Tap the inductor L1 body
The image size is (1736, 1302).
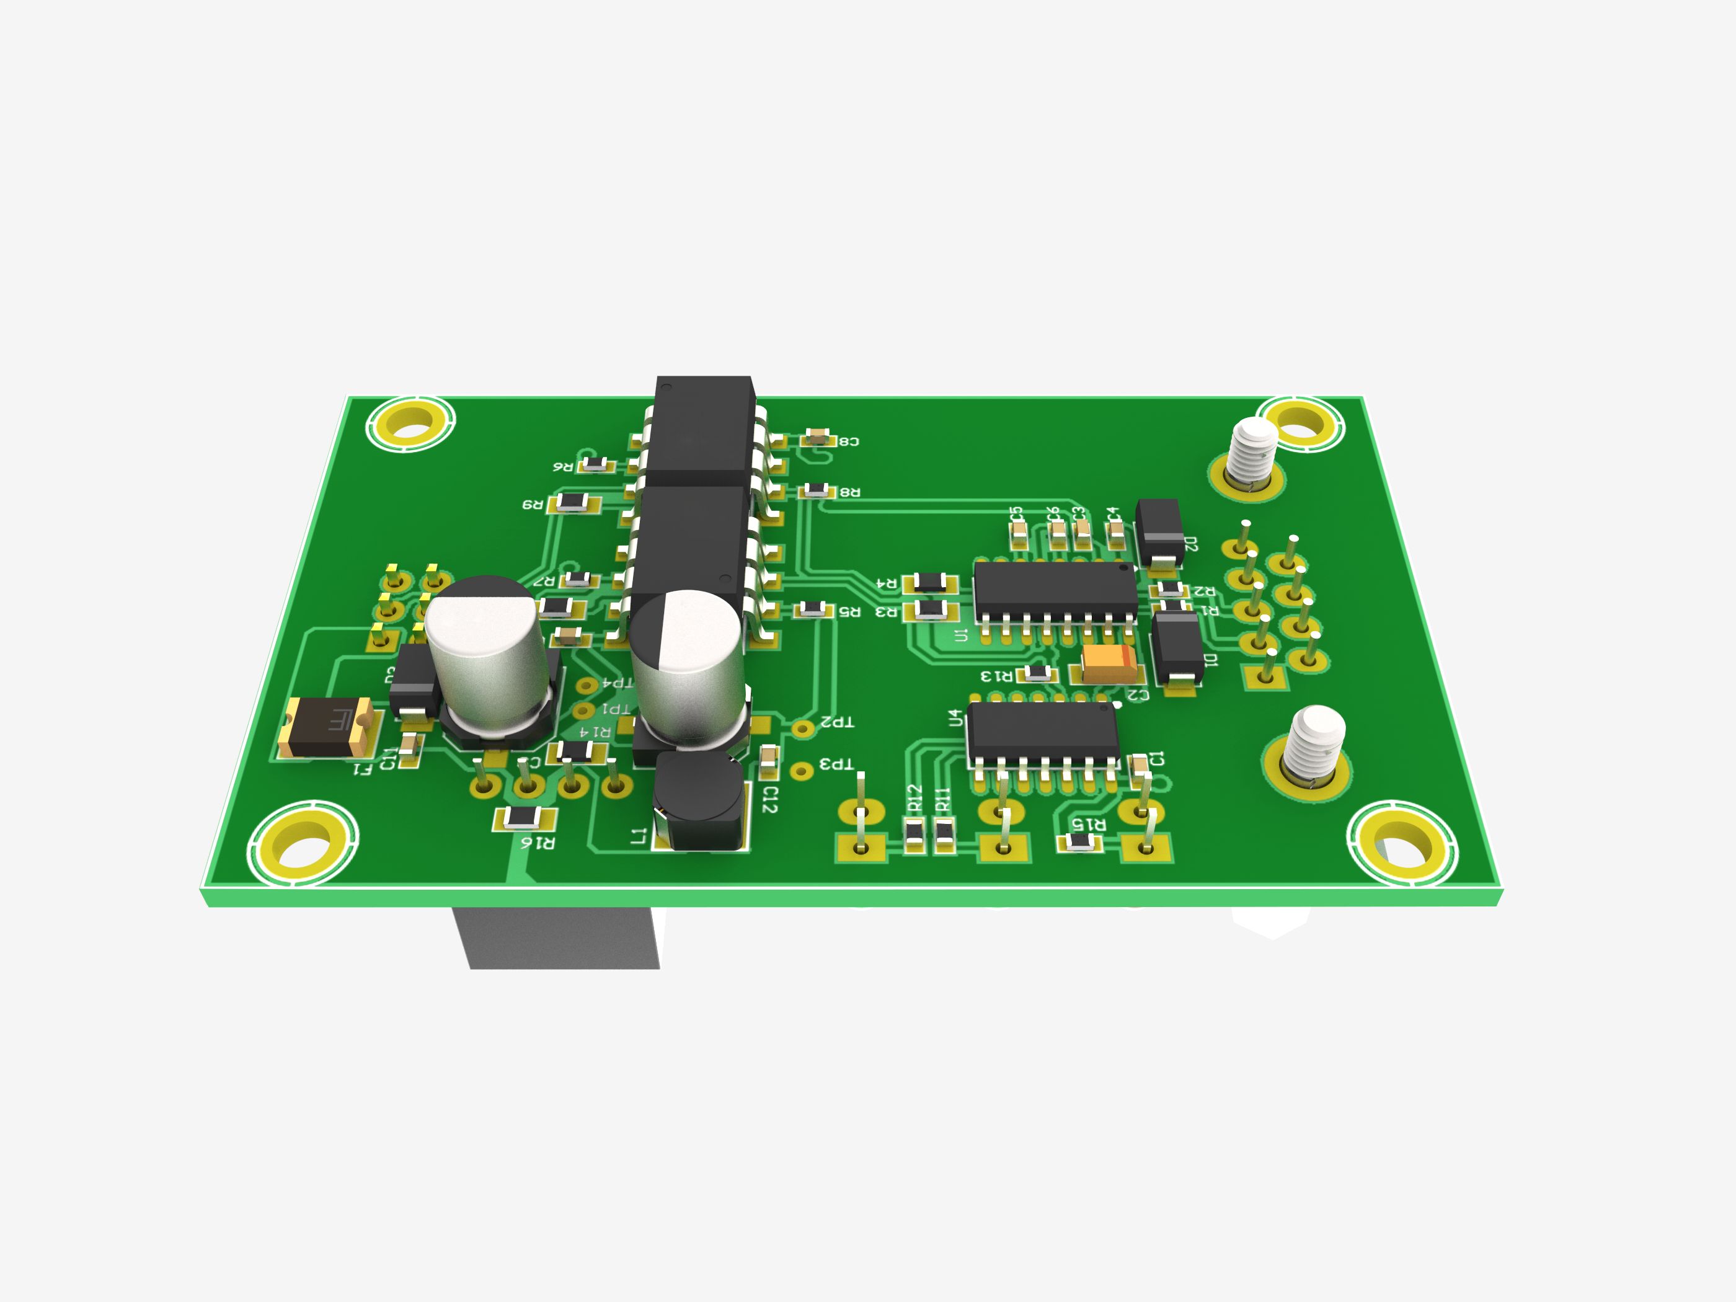point(697,800)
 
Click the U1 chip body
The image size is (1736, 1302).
point(1054,590)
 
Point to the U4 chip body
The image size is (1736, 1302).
point(1042,730)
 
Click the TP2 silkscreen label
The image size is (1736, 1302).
point(836,721)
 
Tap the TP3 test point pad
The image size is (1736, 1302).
point(800,771)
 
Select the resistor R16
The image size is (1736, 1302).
point(523,818)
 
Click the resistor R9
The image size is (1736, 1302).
point(573,502)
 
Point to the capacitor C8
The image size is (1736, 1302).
point(817,437)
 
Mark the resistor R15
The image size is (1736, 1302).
point(1080,842)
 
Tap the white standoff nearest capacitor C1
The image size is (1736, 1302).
point(1316,742)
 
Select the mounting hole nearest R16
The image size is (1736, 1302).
point(303,844)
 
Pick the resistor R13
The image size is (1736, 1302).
point(1037,673)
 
